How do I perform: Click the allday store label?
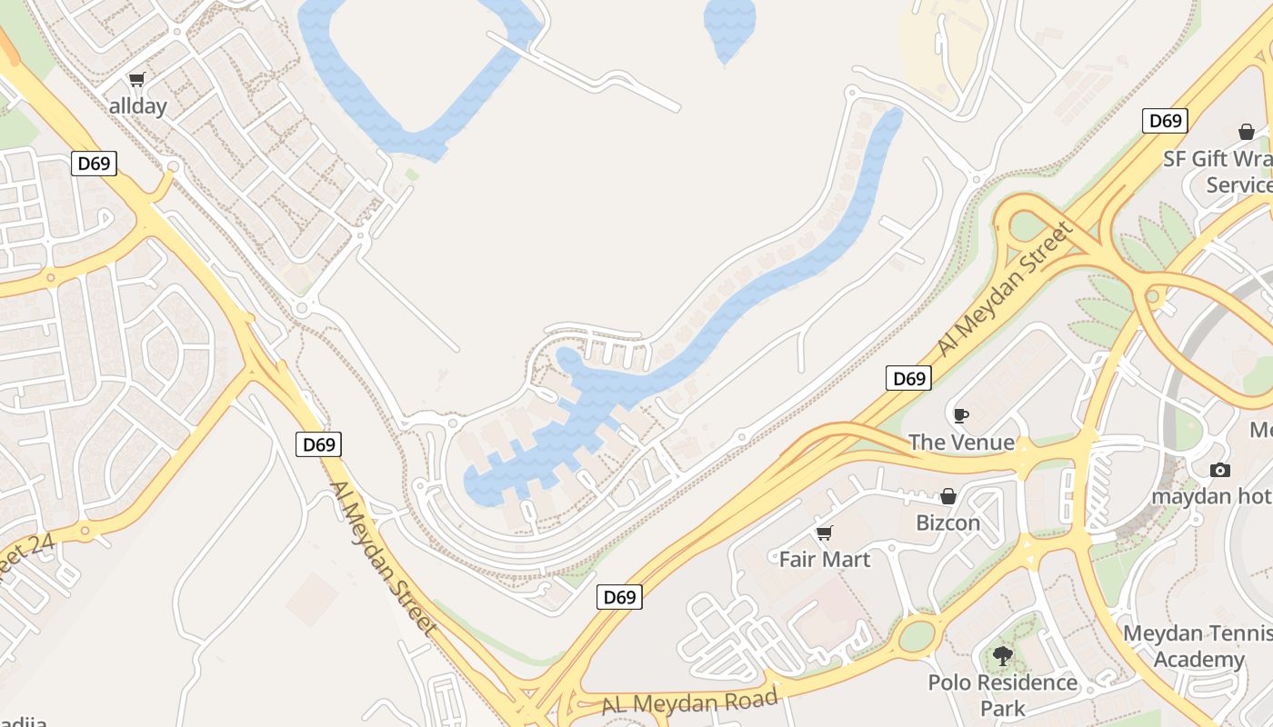coord(138,106)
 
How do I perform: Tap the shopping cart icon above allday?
coord(137,80)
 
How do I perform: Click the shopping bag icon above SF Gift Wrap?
coord(1246,132)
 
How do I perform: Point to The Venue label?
coord(961,443)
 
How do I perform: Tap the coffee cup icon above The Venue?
coord(960,415)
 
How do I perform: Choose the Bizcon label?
coord(948,523)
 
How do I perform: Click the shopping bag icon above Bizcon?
coord(947,496)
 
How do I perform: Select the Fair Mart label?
coord(825,559)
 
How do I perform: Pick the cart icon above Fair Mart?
coord(824,533)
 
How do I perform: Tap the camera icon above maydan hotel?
coord(1219,470)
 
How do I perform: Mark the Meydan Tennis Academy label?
coord(1198,646)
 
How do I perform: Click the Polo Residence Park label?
coord(1003,695)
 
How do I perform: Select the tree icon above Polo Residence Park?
coord(1002,655)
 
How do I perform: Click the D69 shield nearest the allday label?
coord(94,164)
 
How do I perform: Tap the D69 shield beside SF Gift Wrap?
coord(1165,121)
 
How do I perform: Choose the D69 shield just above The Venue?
coord(908,378)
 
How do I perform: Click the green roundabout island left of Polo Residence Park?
coord(917,635)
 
